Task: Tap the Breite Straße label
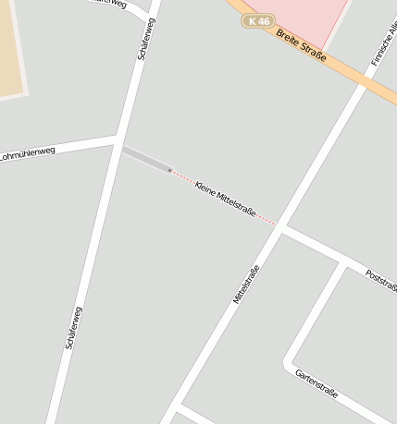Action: pos(301,46)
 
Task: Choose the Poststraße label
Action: pos(381,281)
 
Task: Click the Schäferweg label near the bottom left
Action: pos(74,328)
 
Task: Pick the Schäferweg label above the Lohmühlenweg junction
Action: pos(146,39)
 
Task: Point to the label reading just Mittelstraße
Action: pos(246,285)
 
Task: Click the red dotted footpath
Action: pos(222,197)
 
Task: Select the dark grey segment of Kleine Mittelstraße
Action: pos(146,159)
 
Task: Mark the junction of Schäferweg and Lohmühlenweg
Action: pos(118,140)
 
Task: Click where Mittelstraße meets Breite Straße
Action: pos(364,85)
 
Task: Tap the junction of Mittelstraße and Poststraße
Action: pos(280,231)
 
